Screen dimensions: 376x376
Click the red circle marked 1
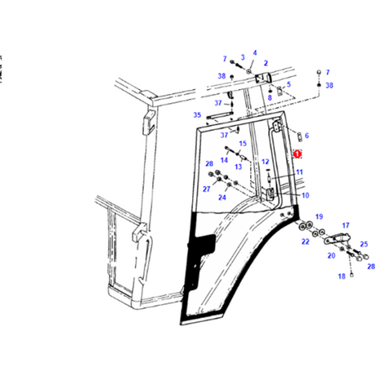(x=298, y=154)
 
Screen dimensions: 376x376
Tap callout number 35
(x=197, y=115)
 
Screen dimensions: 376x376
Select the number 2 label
(x=266, y=63)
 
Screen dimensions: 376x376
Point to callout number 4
(x=255, y=52)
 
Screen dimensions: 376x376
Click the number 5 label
(x=289, y=84)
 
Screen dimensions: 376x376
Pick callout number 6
(x=307, y=136)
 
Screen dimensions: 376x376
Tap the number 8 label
(x=270, y=97)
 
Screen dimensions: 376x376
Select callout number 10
(x=306, y=195)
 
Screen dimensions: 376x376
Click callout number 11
(x=299, y=172)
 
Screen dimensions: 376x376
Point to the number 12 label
(x=265, y=162)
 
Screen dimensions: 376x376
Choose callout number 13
(x=238, y=167)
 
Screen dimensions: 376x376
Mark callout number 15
(x=243, y=143)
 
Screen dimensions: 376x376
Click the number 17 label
(x=346, y=226)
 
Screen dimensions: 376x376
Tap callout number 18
(x=342, y=276)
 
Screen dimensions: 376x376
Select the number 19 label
(x=319, y=217)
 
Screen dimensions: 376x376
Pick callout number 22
(x=306, y=241)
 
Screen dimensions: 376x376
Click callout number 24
(x=222, y=197)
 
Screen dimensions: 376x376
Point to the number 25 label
(x=364, y=244)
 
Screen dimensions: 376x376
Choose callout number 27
(x=207, y=189)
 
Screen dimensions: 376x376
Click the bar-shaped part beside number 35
(x=220, y=115)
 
